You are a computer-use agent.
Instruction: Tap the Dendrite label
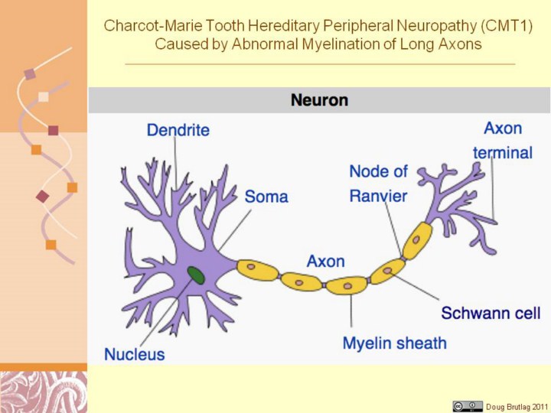point(178,130)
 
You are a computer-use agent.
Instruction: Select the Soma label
point(266,197)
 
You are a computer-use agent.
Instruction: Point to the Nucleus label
point(134,354)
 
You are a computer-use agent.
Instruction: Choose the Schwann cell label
point(491,313)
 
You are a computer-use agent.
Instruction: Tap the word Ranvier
point(378,196)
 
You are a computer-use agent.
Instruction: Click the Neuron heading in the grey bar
point(319,99)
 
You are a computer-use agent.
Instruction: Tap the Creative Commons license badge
point(468,405)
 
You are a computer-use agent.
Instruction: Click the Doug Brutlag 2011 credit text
point(517,405)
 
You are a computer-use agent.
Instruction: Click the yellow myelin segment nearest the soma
point(257,268)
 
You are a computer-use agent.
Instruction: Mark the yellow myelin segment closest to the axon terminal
point(417,240)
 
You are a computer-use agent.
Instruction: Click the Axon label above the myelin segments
point(325,261)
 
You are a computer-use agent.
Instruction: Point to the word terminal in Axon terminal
point(502,152)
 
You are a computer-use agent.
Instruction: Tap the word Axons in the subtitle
point(460,44)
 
